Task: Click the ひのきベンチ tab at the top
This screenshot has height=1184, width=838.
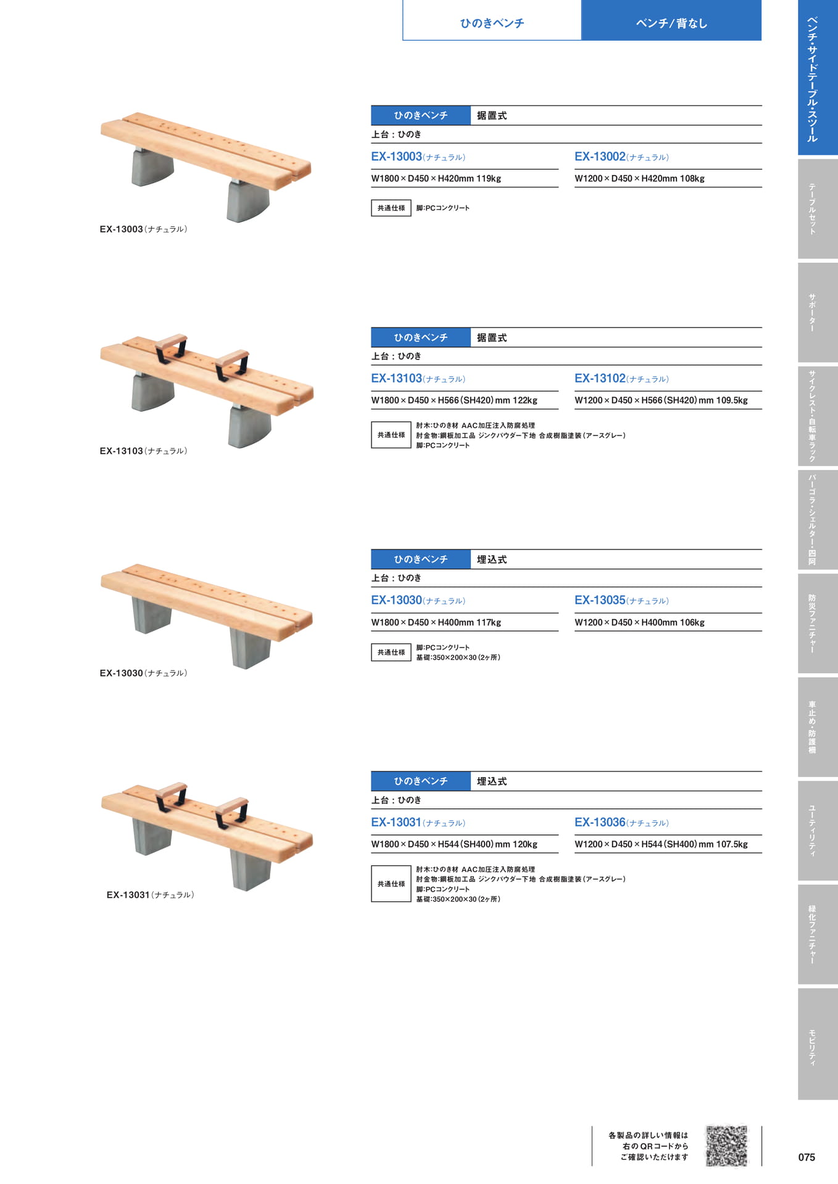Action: click(492, 23)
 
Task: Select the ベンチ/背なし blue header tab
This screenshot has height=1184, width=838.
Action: click(671, 23)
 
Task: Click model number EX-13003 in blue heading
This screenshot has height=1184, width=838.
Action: click(397, 157)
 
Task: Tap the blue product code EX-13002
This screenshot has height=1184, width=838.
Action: click(600, 157)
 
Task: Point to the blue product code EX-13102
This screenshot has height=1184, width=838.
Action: click(600, 379)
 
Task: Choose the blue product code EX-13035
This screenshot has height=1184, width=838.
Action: click(600, 600)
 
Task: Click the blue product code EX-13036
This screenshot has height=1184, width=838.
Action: click(600, 822)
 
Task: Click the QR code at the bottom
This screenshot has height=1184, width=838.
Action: click(727, 1146)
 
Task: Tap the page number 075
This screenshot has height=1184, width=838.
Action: click(807, 1157)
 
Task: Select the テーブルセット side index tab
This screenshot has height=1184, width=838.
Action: click(818, 209)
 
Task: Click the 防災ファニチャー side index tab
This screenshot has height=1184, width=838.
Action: click(818, 623)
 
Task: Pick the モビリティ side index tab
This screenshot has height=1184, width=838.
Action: click(818, 1044)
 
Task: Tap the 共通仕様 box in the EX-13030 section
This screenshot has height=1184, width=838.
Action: click(391, 652)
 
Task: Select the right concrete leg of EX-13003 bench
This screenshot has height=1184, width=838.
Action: click(248, 200)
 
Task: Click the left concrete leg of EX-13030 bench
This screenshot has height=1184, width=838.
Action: click(152, 615)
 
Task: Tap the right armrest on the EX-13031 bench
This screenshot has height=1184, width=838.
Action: click(231, 812)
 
